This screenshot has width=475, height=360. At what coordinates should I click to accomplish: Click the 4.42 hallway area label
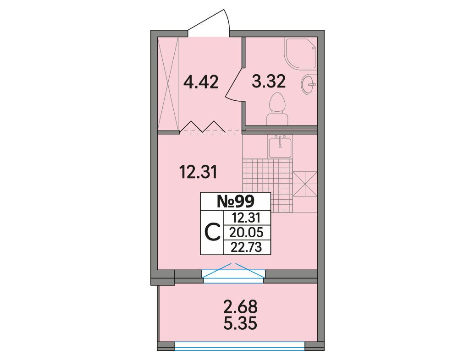point(201,82)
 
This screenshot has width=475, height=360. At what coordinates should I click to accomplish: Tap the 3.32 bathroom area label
point(269,82)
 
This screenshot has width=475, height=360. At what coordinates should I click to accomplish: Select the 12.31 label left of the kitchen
point(198,172)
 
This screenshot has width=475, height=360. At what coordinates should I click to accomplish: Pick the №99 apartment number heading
point(235,201)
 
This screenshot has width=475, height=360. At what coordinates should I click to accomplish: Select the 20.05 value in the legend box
point(246,232)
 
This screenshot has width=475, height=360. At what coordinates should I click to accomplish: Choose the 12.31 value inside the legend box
point(246,218)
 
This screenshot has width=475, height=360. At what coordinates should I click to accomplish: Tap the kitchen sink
point(281,146)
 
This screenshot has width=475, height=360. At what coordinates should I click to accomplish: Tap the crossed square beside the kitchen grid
point(305,184)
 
